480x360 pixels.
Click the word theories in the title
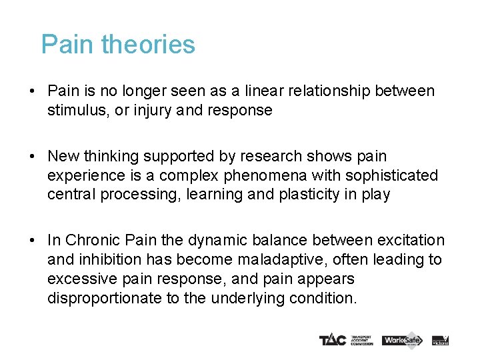tap(149, 45)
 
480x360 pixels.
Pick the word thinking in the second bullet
tap(111, 156)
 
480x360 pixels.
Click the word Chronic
tap(91, 240)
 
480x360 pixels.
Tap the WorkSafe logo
tap(402, 340)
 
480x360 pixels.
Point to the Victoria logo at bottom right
tap(441, 340)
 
